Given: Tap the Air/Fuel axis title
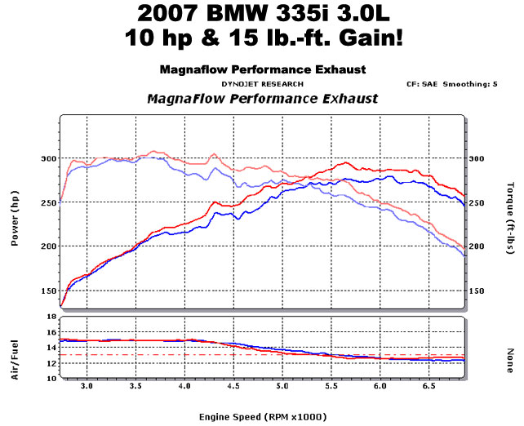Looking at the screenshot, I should [x=16, y=348].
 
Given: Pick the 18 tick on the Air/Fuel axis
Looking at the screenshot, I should [x=50, y=317].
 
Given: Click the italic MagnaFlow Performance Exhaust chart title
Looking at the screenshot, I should [x=262, y=99].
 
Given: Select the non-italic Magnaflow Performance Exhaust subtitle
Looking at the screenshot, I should [x=262, y=70].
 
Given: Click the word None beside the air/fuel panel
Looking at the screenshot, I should [x=510, y=348].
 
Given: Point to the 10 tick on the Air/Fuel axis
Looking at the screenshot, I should [x=50, y=379].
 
